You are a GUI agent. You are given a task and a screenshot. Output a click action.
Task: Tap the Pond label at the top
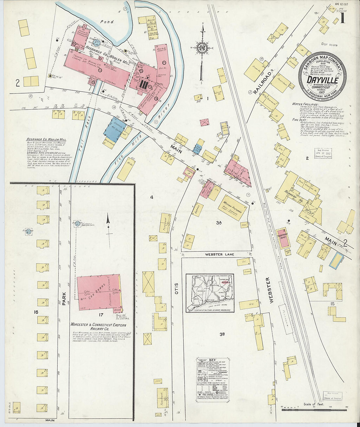107,22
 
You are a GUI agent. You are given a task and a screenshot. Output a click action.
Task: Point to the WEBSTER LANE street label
220,254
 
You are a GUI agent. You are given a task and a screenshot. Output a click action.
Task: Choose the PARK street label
64,299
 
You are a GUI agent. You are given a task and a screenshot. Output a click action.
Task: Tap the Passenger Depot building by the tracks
283,238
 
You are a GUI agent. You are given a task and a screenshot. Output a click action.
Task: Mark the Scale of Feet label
314,404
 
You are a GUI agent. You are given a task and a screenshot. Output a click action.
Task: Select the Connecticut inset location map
210,293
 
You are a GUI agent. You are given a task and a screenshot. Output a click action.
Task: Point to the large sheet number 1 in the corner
342,18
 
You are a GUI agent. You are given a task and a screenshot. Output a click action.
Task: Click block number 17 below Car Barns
100,315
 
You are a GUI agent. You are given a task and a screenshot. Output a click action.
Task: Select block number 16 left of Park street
36,312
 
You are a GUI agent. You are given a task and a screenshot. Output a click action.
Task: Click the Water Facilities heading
305,104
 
